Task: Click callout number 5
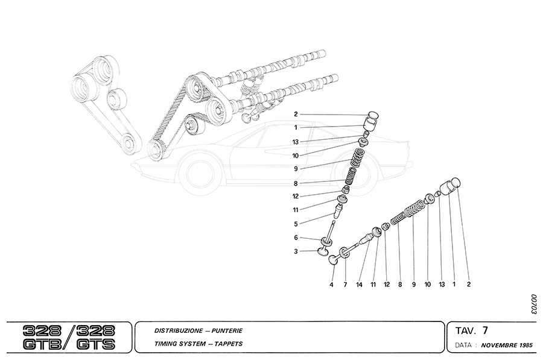(296, 224)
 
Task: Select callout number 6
(296, 238)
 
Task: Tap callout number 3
(296, 251)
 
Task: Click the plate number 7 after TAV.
(485, 330)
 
